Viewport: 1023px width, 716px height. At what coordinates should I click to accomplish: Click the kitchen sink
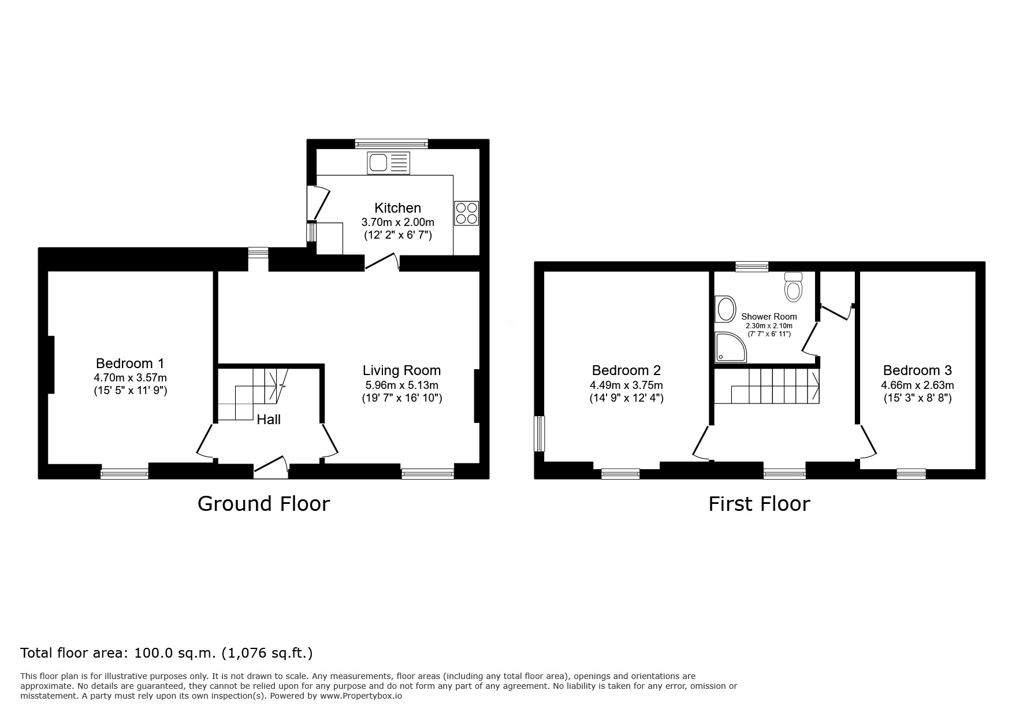click(x=389, y=163)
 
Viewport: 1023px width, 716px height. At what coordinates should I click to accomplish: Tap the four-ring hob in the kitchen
click(x=467, y=213)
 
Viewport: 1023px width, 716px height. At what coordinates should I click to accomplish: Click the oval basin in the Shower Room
click(x=724, y=310)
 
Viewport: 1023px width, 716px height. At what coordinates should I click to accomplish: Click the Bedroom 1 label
click(x=130, y=363)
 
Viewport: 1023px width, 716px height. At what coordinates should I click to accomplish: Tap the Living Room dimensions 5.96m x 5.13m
click(x=401, y=385)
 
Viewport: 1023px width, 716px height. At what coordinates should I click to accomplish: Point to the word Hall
click(x=269, y=420)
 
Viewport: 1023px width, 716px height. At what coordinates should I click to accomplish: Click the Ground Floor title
click(x=263, y=503)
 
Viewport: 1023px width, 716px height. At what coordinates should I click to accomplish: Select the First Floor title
click(x=759, y=504)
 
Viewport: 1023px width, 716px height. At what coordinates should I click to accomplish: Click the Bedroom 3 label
click(x=917, y=370)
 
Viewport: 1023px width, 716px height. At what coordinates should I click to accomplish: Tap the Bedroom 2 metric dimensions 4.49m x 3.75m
click(x=626, y=385)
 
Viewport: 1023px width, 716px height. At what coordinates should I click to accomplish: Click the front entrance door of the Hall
click(x=271, y=466)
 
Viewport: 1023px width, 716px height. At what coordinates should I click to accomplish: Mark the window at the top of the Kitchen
click(x=392, y=144)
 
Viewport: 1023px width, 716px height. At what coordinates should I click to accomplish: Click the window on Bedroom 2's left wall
click(x=539, y=433)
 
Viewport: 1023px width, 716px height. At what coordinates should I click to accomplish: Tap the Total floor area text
click(x=166, y=653)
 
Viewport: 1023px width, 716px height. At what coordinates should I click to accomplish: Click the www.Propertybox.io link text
click(x=360, y=696)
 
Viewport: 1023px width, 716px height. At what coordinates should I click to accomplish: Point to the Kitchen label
click(x=398, y=208)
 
